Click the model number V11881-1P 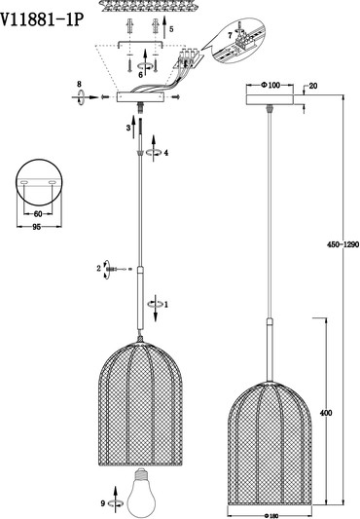coord(41,19)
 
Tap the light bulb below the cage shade coord(140,493)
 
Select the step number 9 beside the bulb coord(103,503)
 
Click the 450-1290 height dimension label coord(342,244)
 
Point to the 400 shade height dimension coord(326,413)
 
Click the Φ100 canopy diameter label coord(270,85)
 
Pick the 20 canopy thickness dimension coord(313,86)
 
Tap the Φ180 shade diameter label coord(271,515)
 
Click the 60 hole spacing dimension coord(38,214)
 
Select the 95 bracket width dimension coord(37,227)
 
